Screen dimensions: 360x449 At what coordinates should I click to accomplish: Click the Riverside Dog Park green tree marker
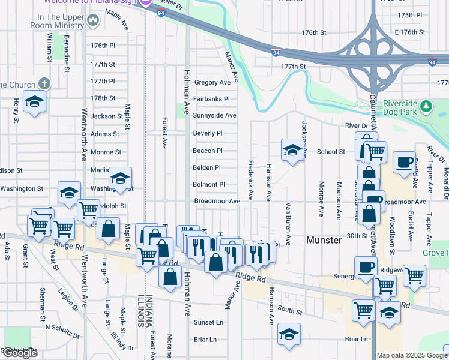click(426, 106)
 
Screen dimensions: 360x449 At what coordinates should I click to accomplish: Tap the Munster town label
click(324, 239)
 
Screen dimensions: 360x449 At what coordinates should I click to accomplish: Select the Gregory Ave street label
click(212, 82)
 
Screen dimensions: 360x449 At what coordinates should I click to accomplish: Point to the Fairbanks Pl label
click(211, 99)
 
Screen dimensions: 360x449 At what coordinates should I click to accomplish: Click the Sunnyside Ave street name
click(214, 115)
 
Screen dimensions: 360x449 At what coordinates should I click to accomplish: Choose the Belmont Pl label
click(208, 185)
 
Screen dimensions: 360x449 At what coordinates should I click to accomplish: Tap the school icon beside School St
click(292, 150)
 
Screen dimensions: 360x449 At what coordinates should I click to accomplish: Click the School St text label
click(331, 152)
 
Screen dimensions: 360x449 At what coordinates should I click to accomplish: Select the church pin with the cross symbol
click(44, 84)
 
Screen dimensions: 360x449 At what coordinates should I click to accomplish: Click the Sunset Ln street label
click(208, 322)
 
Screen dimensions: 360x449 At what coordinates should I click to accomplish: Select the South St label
click(290, 311)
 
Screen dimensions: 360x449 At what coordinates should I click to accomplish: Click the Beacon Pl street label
click(208, 151)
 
